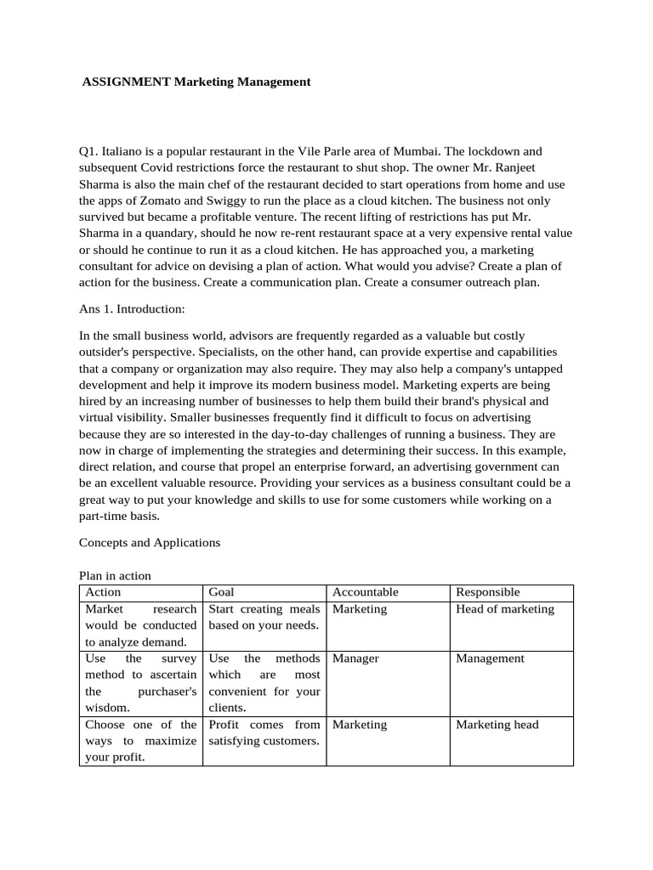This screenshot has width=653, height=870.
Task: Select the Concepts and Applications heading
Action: [x=150, y=542]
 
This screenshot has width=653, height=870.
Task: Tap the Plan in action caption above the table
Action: [x=115, y=576]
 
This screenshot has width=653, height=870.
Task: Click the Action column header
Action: [x=104, y=592]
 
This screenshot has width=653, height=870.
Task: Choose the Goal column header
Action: [x=221, y=592]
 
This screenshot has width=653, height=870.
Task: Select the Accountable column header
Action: [x=366, y=592]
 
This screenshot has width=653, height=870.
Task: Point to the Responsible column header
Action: [x=488, y=592]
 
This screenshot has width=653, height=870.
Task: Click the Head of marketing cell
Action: [x=505, y=609]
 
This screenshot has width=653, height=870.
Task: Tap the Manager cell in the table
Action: [x=355, y=658]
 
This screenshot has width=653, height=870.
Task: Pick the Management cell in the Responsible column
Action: [x=491, y=658]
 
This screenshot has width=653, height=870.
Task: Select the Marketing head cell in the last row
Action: [x=497, y=725]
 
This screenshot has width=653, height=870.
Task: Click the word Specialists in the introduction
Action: [x=240, y=352]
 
